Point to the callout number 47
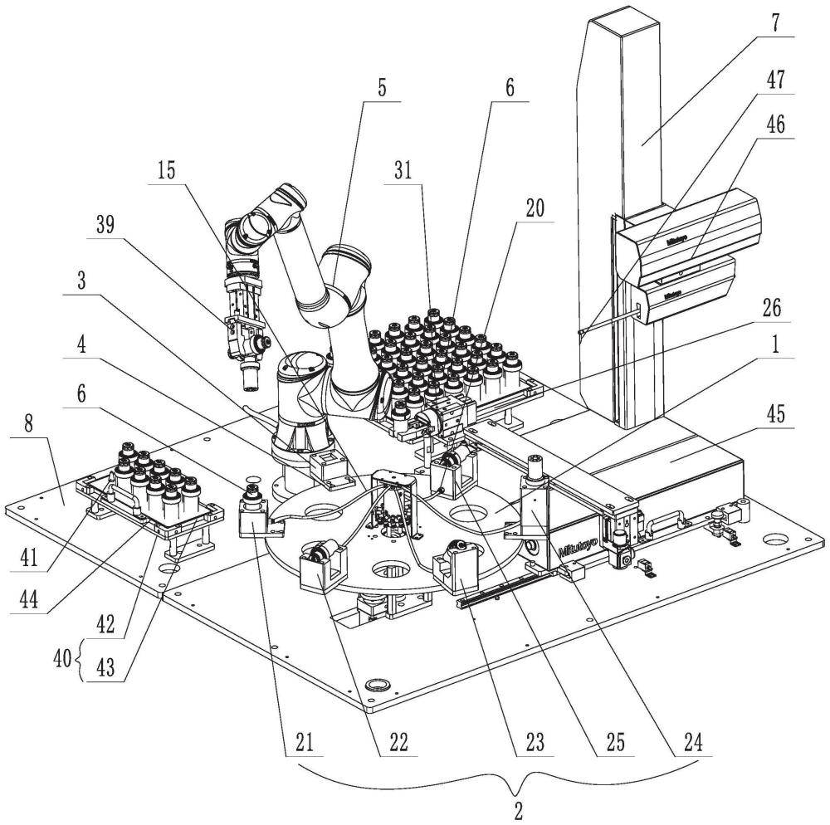point(775,81)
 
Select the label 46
point(775,124)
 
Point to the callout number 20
point(535,209)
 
